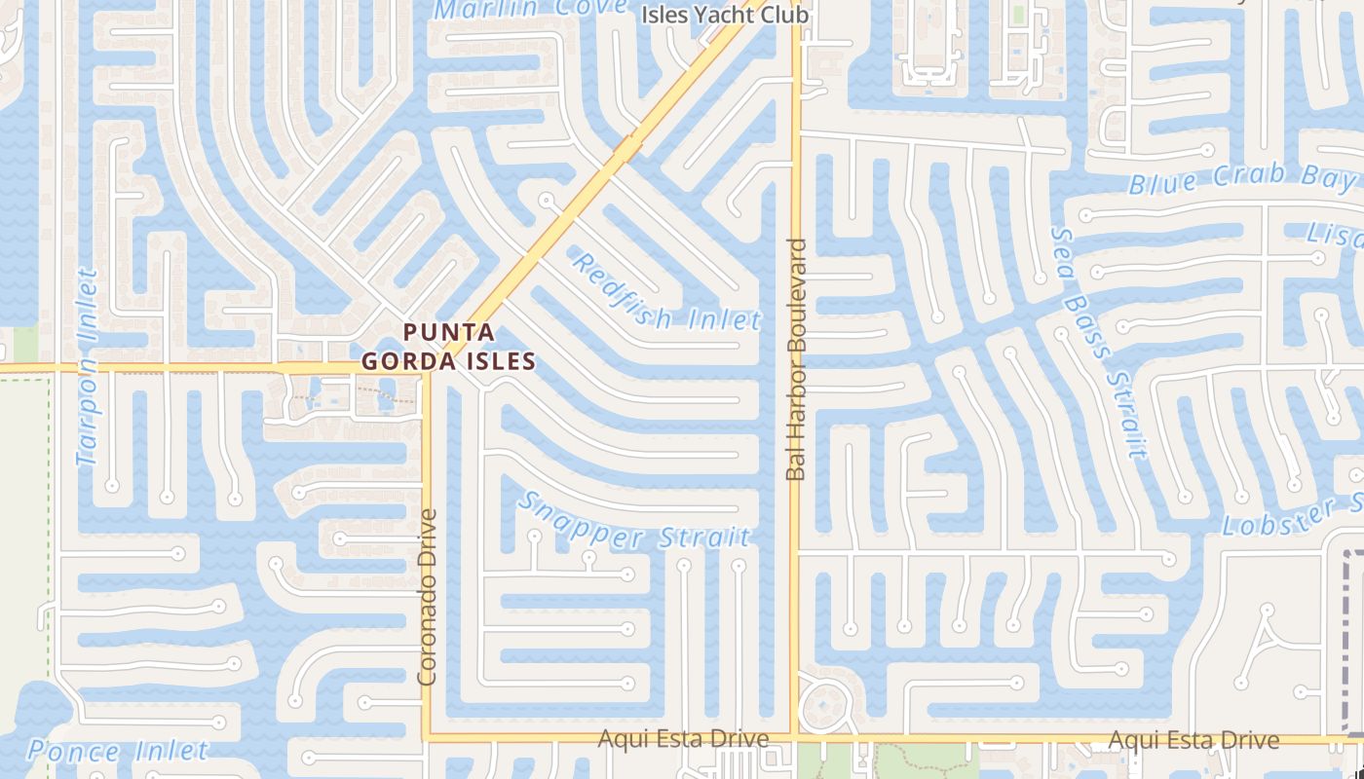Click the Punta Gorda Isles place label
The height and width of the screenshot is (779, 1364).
448,347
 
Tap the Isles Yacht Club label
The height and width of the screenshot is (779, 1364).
725,15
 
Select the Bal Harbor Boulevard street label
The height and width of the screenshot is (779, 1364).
797,358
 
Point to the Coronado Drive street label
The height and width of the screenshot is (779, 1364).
427,596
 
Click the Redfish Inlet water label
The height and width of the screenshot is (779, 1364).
665,291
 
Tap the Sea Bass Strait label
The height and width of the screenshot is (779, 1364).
1100,343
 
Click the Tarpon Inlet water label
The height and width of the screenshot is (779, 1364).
88,367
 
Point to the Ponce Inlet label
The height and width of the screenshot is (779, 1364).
118,751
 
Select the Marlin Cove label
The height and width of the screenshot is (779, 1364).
531,9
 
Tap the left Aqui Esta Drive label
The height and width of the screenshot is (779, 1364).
683,739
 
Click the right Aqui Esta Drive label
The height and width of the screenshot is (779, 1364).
1193,741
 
